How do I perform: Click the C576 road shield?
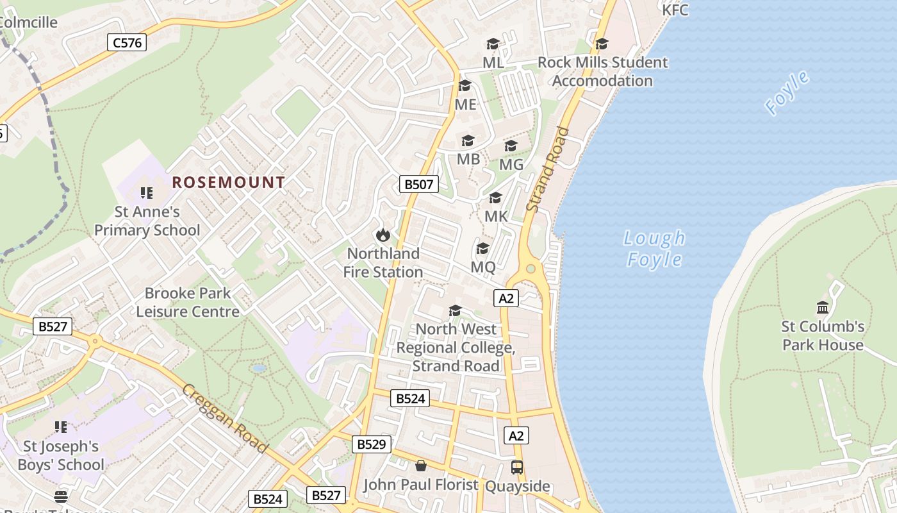126,43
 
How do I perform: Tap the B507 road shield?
418,185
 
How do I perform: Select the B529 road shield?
371,444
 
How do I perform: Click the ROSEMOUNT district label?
228,182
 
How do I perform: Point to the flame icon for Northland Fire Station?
383,235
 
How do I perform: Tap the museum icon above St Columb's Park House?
823,307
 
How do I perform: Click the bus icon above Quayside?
517,467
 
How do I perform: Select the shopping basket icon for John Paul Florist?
421,466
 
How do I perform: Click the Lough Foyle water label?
654,248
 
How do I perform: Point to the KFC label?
675,10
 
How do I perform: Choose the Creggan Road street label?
224,417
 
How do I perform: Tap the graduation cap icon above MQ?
483,248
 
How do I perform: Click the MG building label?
511,165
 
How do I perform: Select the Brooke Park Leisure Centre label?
188,302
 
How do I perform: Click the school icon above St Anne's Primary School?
147,192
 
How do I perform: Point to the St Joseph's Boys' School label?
61,455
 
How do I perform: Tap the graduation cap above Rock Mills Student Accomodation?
601,44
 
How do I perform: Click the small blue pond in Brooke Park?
259,369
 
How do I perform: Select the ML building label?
493,62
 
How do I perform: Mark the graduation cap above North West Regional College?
455,311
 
